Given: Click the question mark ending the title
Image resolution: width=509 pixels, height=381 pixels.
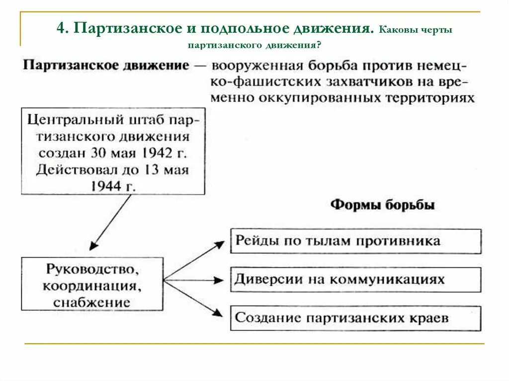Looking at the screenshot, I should [x=323, y=45].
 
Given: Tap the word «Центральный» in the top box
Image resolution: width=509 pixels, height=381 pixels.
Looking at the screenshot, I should [x=70, y=120].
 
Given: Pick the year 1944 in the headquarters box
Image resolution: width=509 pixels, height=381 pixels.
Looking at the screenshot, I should [x=106, y=186].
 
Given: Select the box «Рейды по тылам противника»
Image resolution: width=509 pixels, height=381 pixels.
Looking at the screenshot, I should [x=355, y=241].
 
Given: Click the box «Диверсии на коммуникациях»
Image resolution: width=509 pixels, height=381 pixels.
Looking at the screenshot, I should [x=355, y=279].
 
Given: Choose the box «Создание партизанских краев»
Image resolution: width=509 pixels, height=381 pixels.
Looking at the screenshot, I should [x=355, y=318].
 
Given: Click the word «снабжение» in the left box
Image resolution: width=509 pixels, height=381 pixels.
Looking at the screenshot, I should [x=92, y=302].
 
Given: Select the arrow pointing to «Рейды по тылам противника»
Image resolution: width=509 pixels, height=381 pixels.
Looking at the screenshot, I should [x=194, y=260].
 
